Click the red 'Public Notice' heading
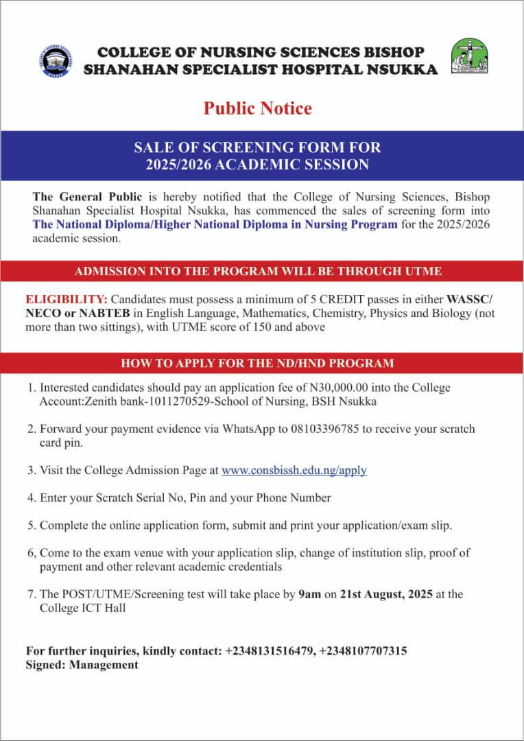pos(257,108)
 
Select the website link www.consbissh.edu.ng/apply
pos(294,470)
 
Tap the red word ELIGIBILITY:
pos(67,300)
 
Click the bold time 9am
pos(310,594)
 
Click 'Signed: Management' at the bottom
pos(82,664)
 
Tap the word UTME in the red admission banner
pos(425,271)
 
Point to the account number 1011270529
pos(161,401)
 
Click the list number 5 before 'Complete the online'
pos(31,526)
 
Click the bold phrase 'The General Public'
pos(77,197)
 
